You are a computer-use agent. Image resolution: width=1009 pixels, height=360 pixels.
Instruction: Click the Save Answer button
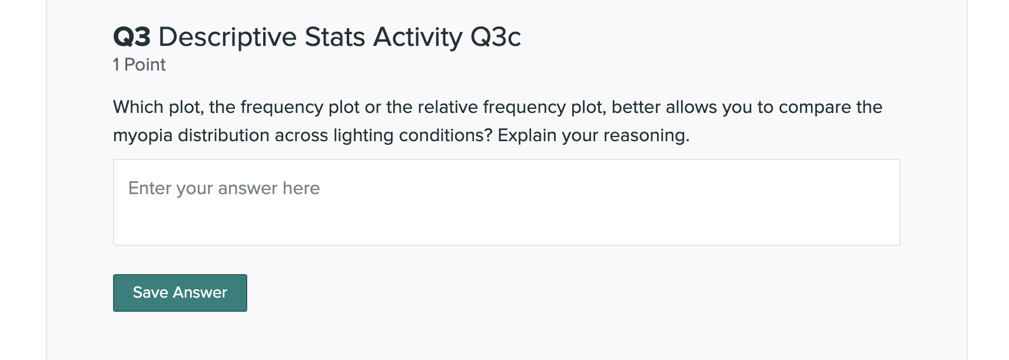[180, 293]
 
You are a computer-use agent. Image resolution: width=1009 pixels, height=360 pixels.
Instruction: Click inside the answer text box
[506, 202]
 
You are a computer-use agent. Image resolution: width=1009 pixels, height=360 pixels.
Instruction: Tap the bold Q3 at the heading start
[131, 37]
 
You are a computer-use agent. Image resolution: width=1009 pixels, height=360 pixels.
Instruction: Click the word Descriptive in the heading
[227, 37]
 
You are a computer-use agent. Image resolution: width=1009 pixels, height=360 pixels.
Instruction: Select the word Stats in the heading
[335, 37]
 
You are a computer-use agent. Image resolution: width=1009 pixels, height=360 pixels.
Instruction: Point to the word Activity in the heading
[417, 37]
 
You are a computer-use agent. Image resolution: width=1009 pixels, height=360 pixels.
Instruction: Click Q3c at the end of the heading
[496, 37]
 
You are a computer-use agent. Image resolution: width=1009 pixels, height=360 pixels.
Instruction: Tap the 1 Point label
[139, 65]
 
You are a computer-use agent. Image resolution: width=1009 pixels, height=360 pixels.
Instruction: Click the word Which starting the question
[138, 107]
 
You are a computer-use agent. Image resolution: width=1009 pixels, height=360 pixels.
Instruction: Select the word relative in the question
[448, 107]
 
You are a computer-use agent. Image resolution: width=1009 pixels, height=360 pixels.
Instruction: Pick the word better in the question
[636, 107]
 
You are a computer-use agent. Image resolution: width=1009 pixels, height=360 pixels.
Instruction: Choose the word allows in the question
[692, 107]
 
